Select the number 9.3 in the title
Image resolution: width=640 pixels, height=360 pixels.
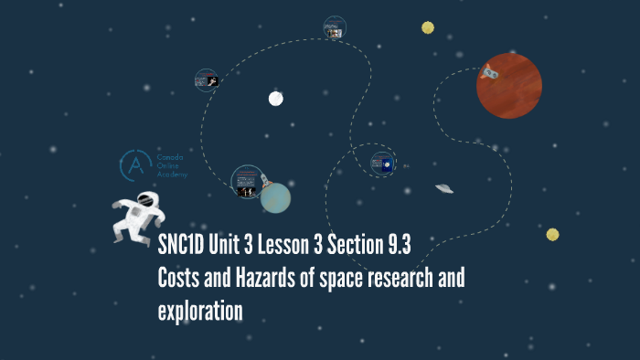tap(395, 246)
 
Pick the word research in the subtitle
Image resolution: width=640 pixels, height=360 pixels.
tap(390, 278)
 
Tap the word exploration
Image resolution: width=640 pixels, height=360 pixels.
tap(200, 311)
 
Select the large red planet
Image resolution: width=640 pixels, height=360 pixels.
tap(509, 86)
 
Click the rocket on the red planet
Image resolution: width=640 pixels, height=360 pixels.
tap(490, 69)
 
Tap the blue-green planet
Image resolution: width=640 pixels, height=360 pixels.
tap(275, 196)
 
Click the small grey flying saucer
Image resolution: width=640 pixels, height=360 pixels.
tap(444, 189)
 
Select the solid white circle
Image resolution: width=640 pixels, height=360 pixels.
tap(276, 99)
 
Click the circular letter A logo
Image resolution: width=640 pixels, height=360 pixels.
tap(136, 165)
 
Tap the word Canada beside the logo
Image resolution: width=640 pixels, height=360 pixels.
tap(170, 157)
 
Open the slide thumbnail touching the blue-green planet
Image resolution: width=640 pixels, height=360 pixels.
tap(247, 182)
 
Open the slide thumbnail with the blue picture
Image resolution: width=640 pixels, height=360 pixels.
tap(383, 164)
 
